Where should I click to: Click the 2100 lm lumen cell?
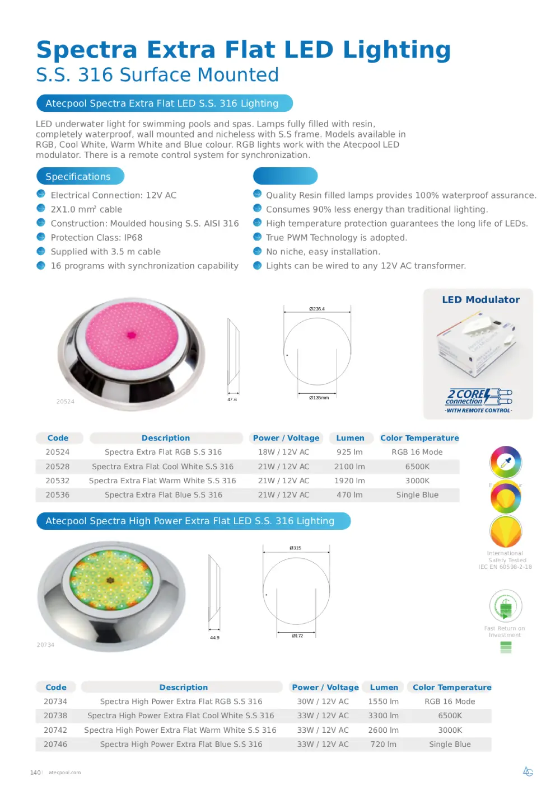pos(349,467)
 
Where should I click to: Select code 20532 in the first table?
pos(58,481)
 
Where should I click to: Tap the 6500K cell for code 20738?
pos(450,715)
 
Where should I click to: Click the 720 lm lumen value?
pos(383,744)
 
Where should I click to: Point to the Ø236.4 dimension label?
pos(317,309)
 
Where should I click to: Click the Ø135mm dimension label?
pos(319,398)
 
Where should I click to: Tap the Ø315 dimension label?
pos(295,548)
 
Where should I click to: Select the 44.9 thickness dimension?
pos(214,638)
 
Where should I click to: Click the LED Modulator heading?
pos(480,300)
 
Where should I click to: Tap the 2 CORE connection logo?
pos(479,397)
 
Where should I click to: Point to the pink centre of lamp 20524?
pos(132,335)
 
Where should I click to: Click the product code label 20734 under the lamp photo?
pos(45,645)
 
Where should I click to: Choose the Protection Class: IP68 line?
pos(96,238)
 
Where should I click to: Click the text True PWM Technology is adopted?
pos(336,238)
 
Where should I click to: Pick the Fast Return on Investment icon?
pos(506,606)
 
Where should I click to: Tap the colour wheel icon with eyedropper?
pos(506,462)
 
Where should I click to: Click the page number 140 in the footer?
pos(35,773)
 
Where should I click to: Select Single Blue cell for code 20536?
pos(417,495)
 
